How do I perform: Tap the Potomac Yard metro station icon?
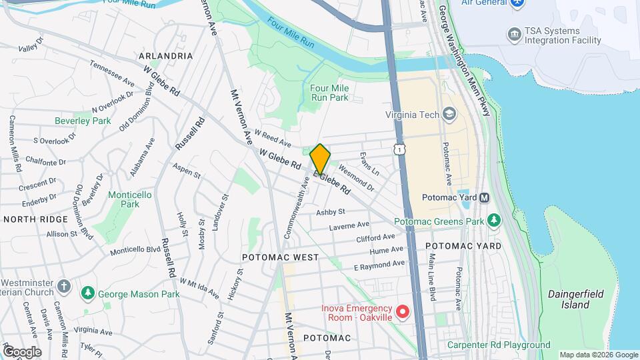click(x=485, y=197)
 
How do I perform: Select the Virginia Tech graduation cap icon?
click(x=449, y=115)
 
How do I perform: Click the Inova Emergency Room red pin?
click(x=402, y=311)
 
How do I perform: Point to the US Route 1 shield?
click(x=399, y=150)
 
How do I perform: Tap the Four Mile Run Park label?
click(x=329, y=93)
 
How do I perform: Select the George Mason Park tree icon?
click(x=87, y=293)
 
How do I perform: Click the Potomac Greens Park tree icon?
click(x=493, y=220)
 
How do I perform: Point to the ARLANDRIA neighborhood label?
click(x=165, y=56)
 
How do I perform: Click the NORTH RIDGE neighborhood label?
click(x=35, y=219)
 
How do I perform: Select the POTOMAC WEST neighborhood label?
click(x=280, y=257)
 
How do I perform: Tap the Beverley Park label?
click(x=83, y=121)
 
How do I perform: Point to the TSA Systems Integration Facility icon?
click(x=513, y=34)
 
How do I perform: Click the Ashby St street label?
click(x=330, y=211)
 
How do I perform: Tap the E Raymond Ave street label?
click(x=379, y=265)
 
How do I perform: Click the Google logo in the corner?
click(x=21, y=351)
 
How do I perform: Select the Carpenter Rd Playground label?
click(x=499, y=345)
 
